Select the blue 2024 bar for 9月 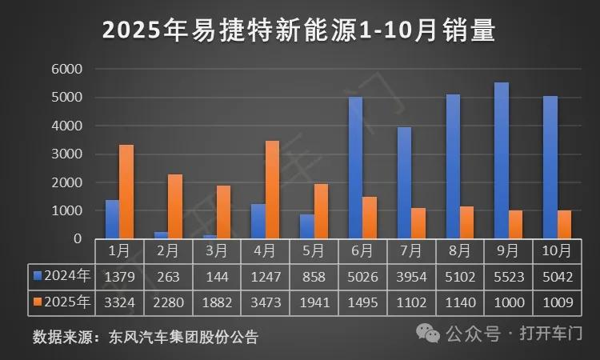(x=502, y=160)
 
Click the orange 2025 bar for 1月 (x=126, y=192)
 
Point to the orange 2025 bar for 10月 (x=565, y=224)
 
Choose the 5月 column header (x=314, y=250)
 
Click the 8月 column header (x=459, y=250)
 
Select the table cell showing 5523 (x=508, y=277)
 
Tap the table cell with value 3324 (x=119, y=302)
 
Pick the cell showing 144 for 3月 (x=217, y=277)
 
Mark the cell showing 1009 (x=557, y=302)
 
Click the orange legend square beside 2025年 (x=37, y=302)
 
